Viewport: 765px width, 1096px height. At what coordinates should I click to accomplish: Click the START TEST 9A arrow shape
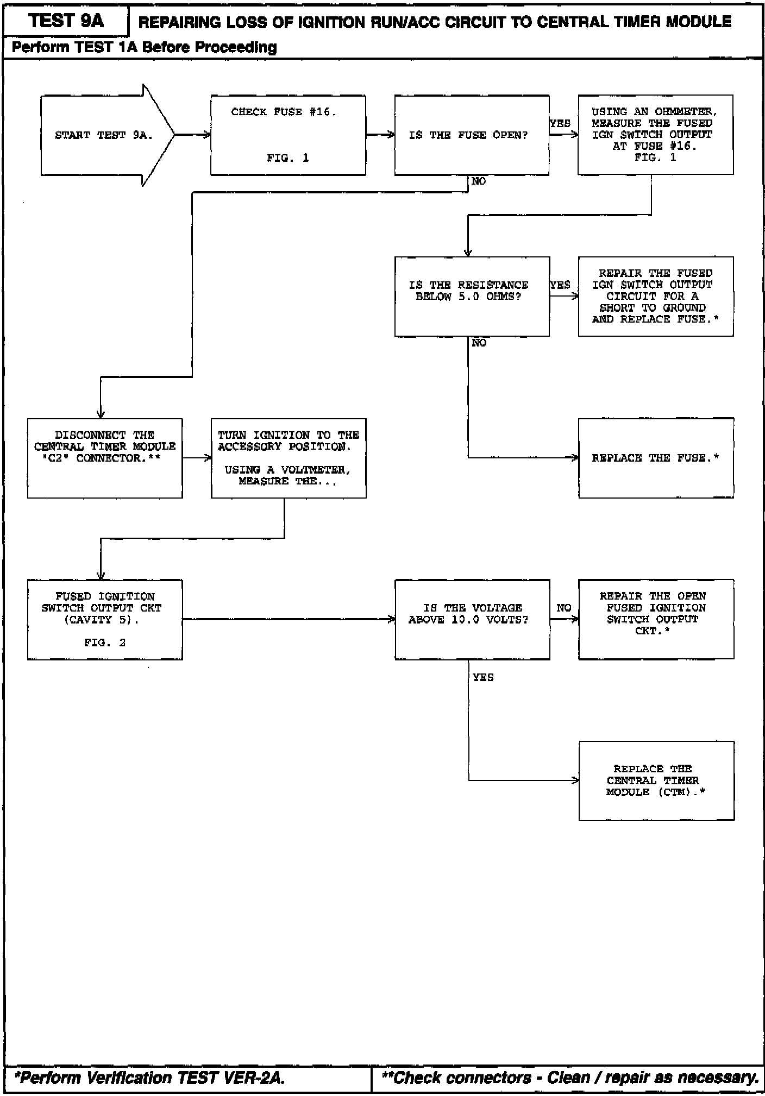(103, 135)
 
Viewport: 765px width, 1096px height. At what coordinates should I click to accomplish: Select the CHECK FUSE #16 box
(288, 135)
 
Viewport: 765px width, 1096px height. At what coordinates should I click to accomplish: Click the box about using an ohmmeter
(655, 135)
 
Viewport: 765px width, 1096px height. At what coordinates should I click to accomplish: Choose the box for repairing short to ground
(655, 296)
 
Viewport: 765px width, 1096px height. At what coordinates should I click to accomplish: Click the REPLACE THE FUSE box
(656, 458)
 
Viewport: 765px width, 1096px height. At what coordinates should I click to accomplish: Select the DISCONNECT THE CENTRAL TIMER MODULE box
(105, 458)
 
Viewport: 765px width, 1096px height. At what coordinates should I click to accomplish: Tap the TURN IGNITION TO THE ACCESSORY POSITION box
(289, 458)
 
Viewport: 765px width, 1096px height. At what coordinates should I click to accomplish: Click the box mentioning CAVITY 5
(105, 619)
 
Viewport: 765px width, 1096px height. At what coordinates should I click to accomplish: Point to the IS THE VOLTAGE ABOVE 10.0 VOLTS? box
(472, 619)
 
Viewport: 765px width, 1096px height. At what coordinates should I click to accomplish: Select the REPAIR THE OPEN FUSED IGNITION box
(656, 619)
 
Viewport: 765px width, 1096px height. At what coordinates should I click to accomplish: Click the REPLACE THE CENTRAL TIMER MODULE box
(656, 780)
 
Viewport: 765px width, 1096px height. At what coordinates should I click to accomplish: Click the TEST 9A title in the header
(66, 21)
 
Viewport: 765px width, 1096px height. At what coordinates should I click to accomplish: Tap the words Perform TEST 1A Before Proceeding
(145, 48)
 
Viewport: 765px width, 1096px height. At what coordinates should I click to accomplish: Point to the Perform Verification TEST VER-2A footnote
(150, 1078)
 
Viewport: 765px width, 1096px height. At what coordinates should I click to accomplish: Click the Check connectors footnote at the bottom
(570, 1078)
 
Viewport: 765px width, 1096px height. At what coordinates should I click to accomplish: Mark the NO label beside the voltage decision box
(563, 608)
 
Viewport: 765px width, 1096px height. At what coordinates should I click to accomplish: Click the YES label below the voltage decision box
(483, 677)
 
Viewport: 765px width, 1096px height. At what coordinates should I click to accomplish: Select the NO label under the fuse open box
(479, 181)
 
